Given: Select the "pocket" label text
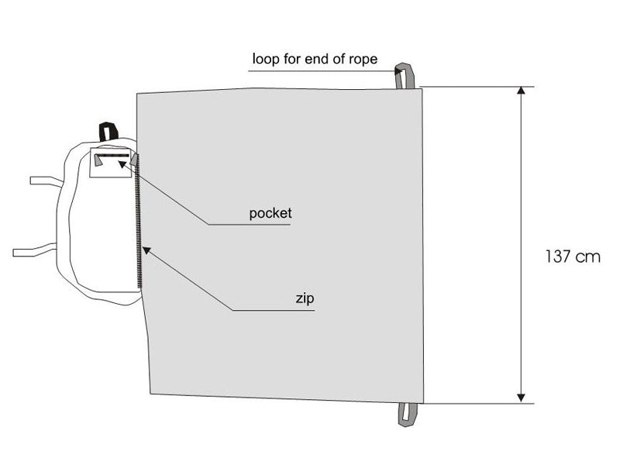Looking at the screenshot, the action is pos(270,214).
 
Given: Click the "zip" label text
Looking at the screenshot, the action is pos(305,298).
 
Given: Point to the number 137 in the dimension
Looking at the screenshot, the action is pos(558,257).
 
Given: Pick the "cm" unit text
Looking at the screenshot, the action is pos(588,257).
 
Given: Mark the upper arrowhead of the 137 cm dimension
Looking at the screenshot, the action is pos(522,90).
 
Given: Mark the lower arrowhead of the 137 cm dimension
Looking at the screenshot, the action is pos(522,398).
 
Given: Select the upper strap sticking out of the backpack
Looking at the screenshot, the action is pos(46,181).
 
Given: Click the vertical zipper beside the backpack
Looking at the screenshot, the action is pos(139,222).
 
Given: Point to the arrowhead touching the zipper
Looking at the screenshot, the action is pos(146,250).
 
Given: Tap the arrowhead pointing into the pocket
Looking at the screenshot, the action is pos(123,164).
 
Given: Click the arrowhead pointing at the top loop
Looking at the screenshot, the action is pos(398,71).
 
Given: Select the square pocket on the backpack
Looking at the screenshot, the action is pos(110,163).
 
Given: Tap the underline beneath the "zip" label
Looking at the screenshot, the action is pos(274,311).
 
